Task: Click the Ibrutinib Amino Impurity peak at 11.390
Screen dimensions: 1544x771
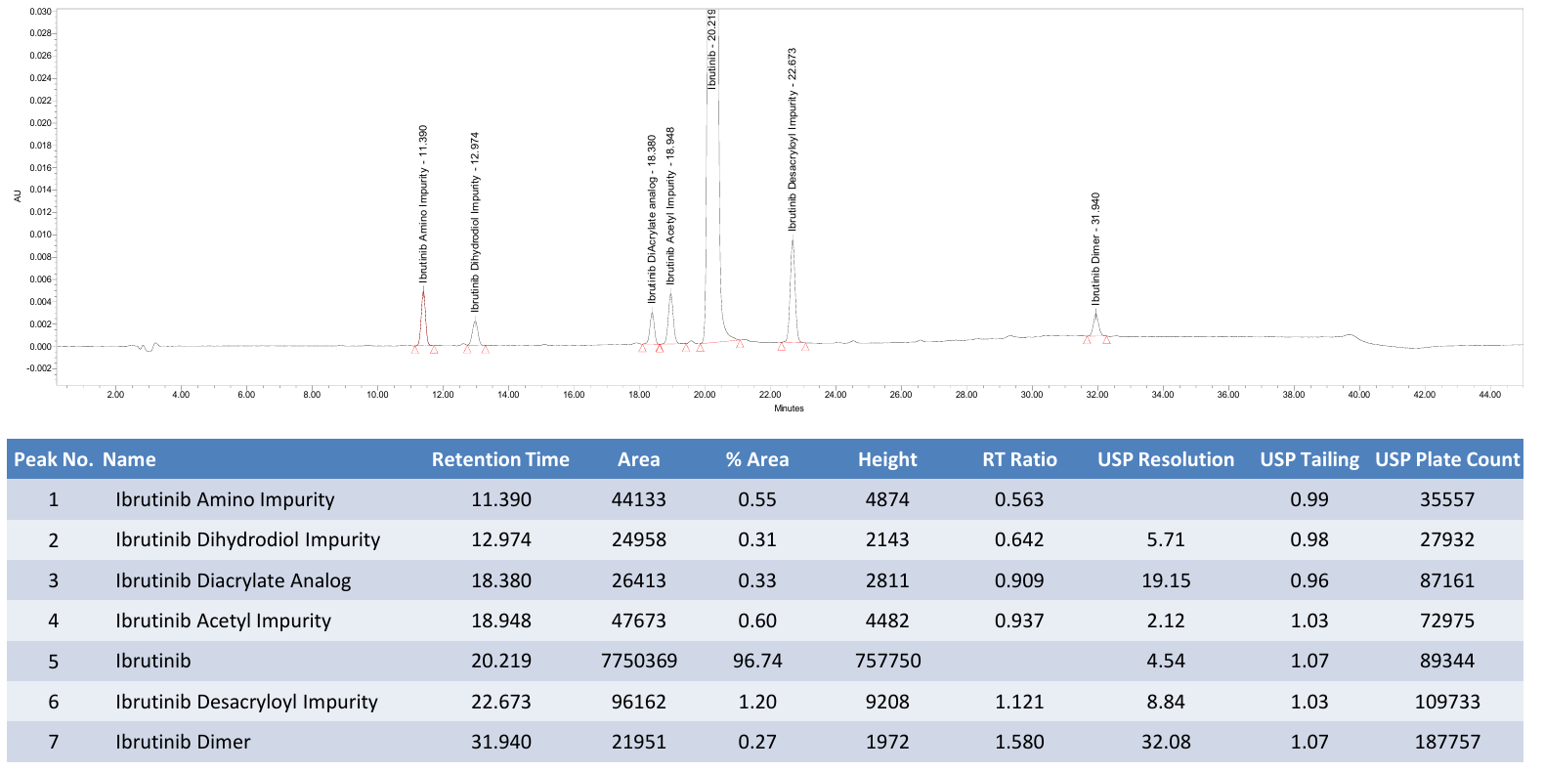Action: pos(423,289)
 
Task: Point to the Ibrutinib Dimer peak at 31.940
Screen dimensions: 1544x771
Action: pos(1096,312)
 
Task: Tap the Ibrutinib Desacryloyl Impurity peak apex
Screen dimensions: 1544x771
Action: pos(793,237)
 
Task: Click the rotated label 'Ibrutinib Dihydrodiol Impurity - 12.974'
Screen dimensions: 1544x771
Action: pos(474,222)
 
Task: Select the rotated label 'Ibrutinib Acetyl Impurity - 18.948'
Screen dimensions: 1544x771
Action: pos(670,205)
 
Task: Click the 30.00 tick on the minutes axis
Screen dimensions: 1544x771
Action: pos(1032,395)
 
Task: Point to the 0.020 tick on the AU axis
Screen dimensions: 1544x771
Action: pos(41,123)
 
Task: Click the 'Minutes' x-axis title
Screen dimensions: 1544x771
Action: pos(790,408)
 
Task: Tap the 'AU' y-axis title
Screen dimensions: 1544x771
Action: pos(18,196)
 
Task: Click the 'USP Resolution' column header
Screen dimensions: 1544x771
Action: pos(1166,459)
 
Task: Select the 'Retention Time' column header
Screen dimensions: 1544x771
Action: pos(500,459)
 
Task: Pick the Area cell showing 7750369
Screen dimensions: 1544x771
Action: pos(639,661)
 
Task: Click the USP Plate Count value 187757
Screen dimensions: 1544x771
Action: pos(1447,742)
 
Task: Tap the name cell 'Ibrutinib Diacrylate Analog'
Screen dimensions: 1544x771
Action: pos(233,580)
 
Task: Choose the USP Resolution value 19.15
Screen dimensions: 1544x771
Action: pos(1166,580)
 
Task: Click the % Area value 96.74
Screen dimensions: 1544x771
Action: pos(757,661)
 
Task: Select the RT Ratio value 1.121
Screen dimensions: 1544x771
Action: pos(1019,702)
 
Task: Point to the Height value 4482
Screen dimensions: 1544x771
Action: pos(887,621)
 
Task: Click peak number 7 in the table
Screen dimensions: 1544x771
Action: pos(53,742)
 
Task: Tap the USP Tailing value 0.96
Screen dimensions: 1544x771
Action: pos(1309,580)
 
